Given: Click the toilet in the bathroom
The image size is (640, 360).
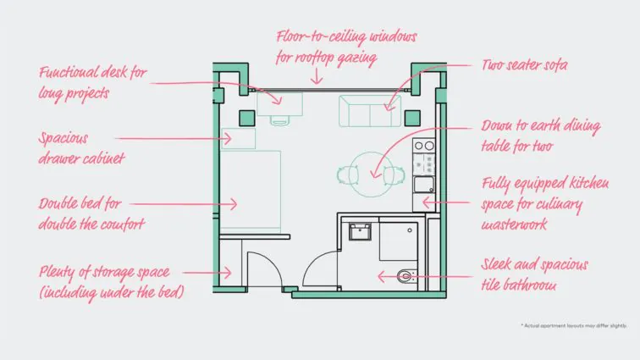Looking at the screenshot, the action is click(x=406, y=277).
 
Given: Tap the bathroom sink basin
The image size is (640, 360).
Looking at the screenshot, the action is click(x=360, y=232).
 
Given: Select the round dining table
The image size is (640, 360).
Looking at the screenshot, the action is click(x=372, y=174).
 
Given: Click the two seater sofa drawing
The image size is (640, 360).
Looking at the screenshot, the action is click(x=370, y=111).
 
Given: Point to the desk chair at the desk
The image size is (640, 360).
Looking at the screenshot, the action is click(x=279, y=120).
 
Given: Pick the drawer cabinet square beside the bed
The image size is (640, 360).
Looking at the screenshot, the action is click(x=238, y=138).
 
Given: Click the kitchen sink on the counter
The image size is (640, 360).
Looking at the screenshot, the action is click(x=424, y=185).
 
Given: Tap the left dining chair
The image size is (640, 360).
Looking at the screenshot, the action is click(x=348, y=175).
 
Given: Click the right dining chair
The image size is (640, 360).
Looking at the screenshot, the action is click(x=394, y=175).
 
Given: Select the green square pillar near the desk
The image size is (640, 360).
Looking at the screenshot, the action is click(x=247, y=119).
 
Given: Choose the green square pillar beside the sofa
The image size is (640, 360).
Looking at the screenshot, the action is click(x=412, y=119).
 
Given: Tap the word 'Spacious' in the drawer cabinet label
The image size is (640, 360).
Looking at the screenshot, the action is click(x=63, y=139).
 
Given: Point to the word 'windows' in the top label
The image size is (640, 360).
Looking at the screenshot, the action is click(x=392, y=37).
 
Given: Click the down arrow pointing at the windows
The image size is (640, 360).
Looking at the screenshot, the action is click(x=317, y=76).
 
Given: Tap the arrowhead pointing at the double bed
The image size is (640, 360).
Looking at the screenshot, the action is click(x=233, y=204).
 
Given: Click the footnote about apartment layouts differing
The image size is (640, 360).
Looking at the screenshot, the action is click(x=574, y=325).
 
